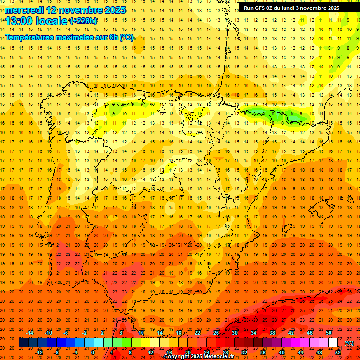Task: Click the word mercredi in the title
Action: point(24,9)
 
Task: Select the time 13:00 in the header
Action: point(19,21)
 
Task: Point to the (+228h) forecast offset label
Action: point(83,21)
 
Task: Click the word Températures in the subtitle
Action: point(29,37)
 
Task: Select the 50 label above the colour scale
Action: point(329,333)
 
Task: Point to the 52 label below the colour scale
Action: point(338,352)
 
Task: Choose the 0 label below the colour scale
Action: point(93,352)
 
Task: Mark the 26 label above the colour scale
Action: point(216,333)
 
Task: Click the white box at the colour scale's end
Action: point(333,343)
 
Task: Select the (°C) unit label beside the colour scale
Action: point(349,343)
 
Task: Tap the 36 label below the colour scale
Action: point(263,352)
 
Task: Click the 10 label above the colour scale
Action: point(141,333)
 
